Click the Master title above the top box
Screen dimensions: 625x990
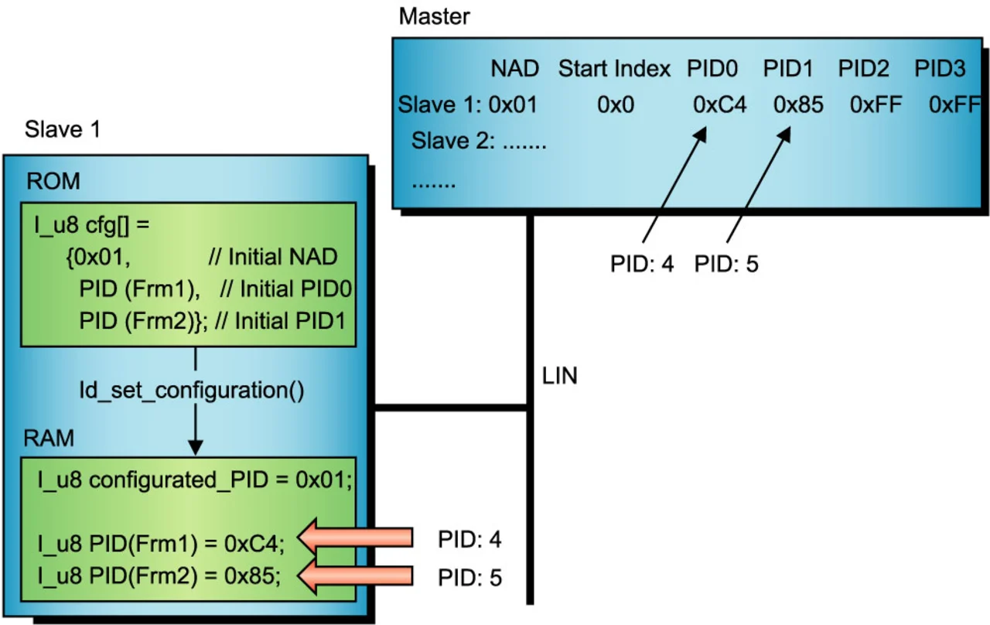434,15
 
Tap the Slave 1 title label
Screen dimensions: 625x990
63,128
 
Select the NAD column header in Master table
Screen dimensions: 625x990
514,69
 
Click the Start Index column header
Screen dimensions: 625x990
614,69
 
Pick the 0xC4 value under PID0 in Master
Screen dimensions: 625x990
719,105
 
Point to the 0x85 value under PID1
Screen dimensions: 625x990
798,105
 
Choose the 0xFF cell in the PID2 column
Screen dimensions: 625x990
876,105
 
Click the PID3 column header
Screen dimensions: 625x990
940,69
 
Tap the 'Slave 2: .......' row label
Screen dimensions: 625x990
479,142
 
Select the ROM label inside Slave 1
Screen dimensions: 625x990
53,182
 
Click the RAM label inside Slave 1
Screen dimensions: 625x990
49,439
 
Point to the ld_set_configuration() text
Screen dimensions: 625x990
191,390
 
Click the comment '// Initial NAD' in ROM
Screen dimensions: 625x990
273,257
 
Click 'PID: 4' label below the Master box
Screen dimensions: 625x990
642,265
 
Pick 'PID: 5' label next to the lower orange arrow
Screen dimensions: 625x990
469,577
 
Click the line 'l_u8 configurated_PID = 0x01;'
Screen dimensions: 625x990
195,480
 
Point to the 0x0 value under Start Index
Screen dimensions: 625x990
615,105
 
